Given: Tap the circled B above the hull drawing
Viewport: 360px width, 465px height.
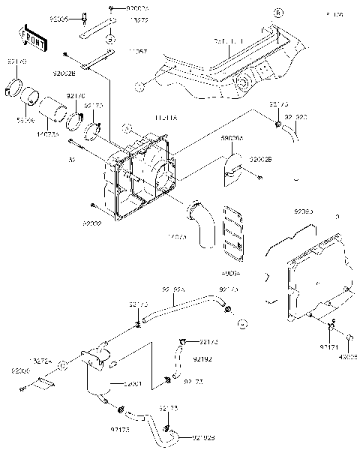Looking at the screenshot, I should tap(277, 13).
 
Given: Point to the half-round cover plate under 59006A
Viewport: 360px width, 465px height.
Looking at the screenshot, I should tap(232, 169).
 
